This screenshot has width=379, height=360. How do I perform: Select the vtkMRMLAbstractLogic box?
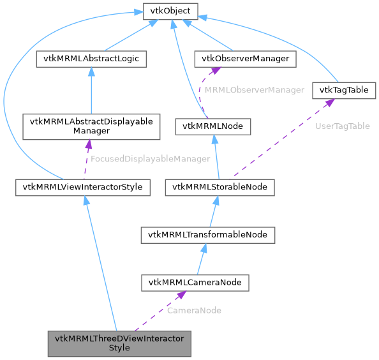(92, 59)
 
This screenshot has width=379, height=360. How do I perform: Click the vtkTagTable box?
(344, 90)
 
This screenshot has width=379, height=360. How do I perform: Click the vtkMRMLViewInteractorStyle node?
(83, 187)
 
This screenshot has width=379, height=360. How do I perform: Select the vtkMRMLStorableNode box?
(220, 187)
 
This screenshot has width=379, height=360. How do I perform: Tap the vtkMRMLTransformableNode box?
(208, 235)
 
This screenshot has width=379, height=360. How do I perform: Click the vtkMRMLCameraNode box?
(195, 282)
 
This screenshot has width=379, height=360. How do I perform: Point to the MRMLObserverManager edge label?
(255, 90)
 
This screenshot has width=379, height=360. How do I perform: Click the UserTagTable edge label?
(343, 126)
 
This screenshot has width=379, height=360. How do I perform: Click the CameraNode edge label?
(194, 310)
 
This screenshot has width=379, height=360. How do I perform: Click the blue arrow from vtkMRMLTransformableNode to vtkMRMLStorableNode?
(214, 211)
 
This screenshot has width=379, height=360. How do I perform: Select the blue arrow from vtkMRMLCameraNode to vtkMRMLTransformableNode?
(202, 259)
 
